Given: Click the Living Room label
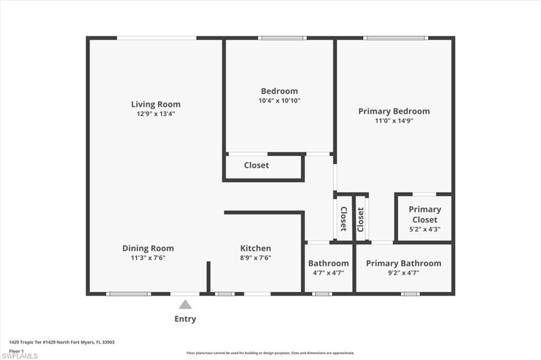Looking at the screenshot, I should pyautogui.click(x=156, y=104).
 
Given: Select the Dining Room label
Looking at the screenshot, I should pyautogui.click(x=148, y=248).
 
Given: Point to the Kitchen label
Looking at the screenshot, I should pyautogui.click(x=256, y=248).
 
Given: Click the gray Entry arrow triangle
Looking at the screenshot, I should pyautogui.click(x=185, y=305).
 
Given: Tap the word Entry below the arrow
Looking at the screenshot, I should pyautogui.click(x=185, y=319).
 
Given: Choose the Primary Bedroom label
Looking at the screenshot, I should pyautogui.click(x=394, y=111).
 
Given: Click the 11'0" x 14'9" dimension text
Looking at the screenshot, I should pyautogui.click(x=394, y=120).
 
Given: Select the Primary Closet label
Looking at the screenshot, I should pyautogui.click(x=425, y=214).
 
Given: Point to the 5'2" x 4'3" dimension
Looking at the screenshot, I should pyautogui.click(x=425, y=230).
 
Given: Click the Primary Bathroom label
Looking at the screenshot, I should pyautogui.click(x=404, y=263).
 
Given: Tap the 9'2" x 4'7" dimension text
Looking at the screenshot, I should pyautogui.click(x=404, y=273).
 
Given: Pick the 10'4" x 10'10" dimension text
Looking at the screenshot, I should pyautogui.click(x=279, y=100).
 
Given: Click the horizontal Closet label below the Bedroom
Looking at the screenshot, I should pyautogui.click(x=256, y=165).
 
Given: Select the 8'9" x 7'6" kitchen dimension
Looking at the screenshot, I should pyautogui.click(x=256, y=258).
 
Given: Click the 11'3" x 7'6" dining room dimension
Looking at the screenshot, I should pyautogui.click(x=148, y=258).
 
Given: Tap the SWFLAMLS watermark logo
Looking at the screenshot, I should pyautogui.click(x=20, y=356).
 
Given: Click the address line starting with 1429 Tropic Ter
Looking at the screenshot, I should pyautogui.click(x=58, y=342).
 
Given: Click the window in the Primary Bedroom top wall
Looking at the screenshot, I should pyautogui.click(x=395, y=38).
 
